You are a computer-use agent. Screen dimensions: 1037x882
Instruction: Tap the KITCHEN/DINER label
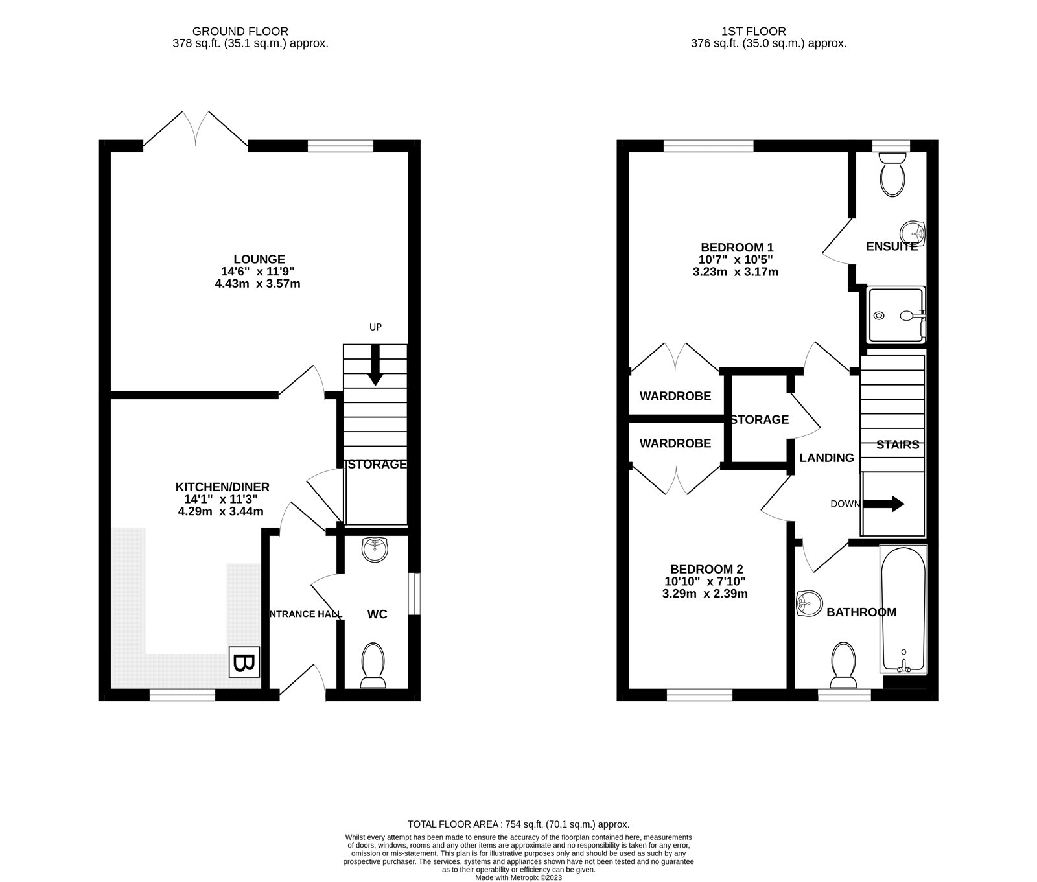(222, 487)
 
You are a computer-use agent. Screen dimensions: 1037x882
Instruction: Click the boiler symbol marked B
(243, 663)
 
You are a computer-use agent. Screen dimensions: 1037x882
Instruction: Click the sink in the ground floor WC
(375, 550)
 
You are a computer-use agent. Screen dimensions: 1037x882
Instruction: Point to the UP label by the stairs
(375, 327)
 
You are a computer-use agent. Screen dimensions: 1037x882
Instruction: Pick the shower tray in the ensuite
(896, 315)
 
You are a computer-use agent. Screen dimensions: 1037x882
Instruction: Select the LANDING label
(826, 458)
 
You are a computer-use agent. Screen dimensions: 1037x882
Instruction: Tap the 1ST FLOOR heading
(754, 31)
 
